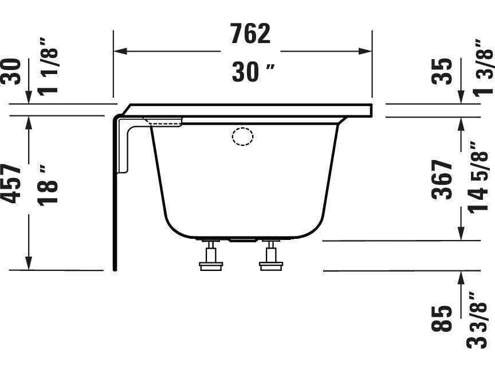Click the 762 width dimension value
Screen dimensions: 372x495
tap(250, 34)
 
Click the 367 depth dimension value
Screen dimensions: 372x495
tap(442, 180)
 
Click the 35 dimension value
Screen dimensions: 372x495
tap(442, 72)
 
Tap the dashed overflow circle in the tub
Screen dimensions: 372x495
tap(242, 137)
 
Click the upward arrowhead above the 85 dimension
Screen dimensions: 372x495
tap(461, 277)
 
